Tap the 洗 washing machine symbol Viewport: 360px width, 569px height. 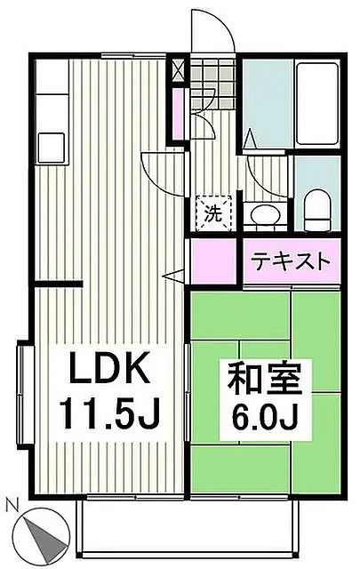pos(212,212)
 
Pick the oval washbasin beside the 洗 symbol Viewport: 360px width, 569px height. pos(261,213)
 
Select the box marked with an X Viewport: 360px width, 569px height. pos(180,68)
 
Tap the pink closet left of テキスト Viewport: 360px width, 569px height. pos(214,262)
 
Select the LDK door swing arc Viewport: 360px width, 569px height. pos(161,169)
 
